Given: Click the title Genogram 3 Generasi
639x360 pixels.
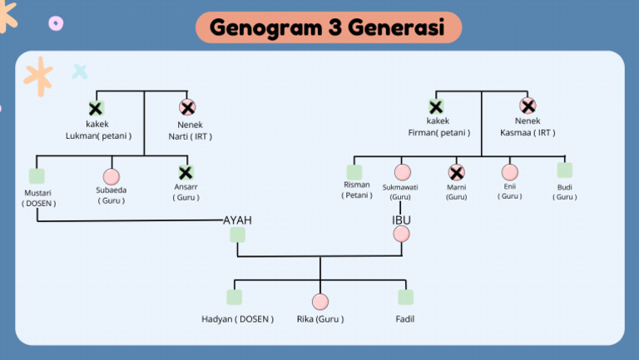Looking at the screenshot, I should pos(327,27).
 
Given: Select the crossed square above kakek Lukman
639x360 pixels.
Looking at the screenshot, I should pos(96,108).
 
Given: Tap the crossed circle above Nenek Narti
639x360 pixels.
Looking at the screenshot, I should pos(187,107).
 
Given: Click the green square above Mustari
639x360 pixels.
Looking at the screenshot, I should pos(37,175).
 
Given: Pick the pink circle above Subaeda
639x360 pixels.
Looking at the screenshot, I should pos(111,176).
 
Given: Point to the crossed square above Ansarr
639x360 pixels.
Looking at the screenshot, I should pos(186,173).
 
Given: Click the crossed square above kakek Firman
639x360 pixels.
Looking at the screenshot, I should pos(435,106).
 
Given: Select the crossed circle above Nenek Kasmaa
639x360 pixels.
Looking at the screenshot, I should pos(528,106).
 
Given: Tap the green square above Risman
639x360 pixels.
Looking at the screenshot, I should pos(354,172).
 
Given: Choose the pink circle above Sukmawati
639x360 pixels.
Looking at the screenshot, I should pos(403,172).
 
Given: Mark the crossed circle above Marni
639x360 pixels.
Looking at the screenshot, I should pos(456,172).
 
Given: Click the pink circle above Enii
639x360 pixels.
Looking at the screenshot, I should pos(510,172).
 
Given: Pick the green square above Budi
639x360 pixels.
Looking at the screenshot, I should pos(565,170).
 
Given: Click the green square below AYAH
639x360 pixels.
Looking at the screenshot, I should pos(237,234).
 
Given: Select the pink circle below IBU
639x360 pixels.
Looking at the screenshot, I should pos(402,234).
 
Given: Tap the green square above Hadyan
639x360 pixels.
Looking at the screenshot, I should pos(235,297).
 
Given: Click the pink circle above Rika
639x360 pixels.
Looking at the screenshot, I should pos(320,301).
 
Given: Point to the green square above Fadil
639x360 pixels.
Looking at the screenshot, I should pos(405,297).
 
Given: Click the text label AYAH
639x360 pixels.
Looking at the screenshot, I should pos(237,219).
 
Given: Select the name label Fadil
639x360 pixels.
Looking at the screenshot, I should pos(405,318).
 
